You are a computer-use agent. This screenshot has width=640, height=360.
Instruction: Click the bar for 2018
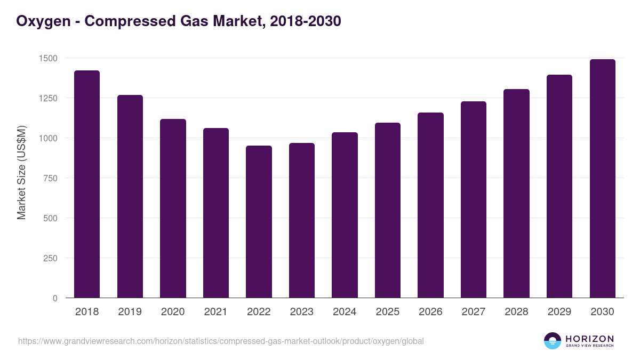click(87, 184)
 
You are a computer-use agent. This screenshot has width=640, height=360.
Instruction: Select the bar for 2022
click(259, 221)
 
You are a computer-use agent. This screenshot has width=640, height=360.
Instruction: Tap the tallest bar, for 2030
click(602, 178)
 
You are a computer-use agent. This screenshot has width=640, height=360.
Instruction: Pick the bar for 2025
click(387, 210)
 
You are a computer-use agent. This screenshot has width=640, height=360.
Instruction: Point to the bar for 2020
click(173, 208)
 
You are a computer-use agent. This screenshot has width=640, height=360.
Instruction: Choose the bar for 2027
click(473, 199)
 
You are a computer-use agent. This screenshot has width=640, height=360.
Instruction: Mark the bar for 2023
click(301, 220)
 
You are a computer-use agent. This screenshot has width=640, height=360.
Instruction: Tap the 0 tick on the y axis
click(55, 298)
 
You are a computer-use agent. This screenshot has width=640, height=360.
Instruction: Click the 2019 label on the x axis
click(130, 312)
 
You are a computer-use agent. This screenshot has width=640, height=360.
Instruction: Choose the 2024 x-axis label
click(345, 312)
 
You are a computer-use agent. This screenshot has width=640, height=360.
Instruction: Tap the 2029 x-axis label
click(559, 312)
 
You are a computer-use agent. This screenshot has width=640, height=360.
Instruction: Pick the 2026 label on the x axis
click(430, 312)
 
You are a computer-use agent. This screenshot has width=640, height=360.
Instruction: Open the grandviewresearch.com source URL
click(221, 341)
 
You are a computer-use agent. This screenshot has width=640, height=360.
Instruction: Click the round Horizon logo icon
click(553, 341)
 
